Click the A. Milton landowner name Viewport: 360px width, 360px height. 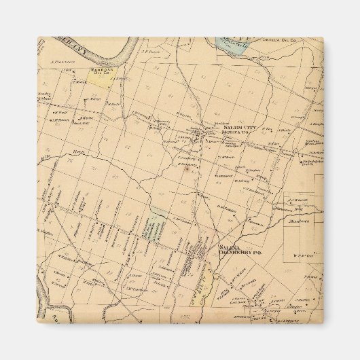(x=95, y=98)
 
